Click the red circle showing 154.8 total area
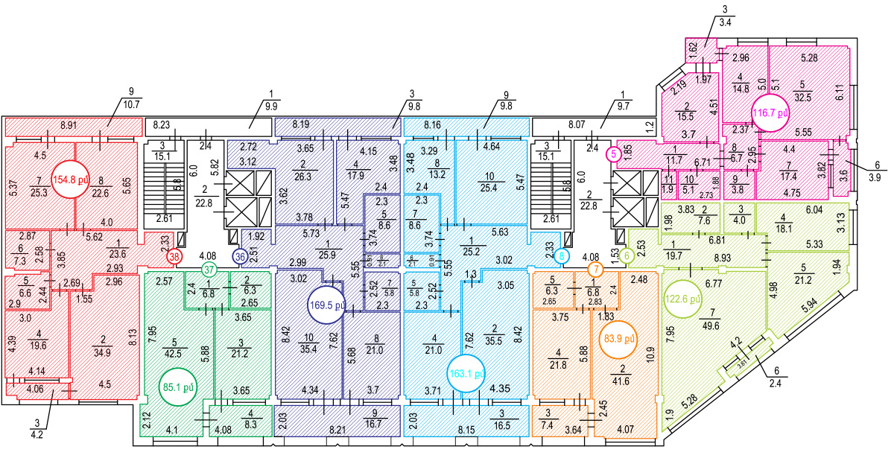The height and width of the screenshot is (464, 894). tap(68, 179)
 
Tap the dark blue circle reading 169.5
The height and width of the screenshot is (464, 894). tap(327, 305)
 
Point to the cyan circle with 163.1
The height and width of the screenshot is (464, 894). tap(467, 372)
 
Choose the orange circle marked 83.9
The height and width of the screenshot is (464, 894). tap(618, 342)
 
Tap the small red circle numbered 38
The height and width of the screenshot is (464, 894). tap(174, 256)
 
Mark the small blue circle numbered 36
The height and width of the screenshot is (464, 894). tap(240, 256)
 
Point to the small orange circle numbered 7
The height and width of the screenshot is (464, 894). tap(595, 269)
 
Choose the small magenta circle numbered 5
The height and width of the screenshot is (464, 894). tap(613, 155)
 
